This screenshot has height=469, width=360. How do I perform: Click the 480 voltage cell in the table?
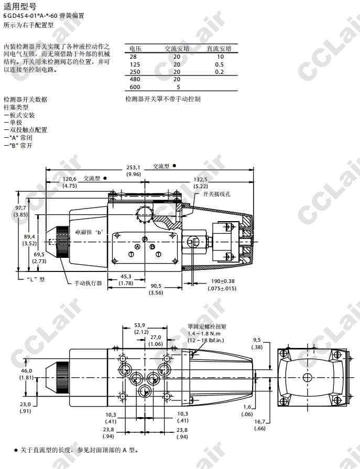tap(135, 79)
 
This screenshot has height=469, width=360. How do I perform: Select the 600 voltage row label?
tap(135, 87)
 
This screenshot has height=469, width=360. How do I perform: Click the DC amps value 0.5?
tap(219, 64)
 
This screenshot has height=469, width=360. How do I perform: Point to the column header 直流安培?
tap(219, 49)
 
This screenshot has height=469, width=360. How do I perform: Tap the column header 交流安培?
tap(177, 49)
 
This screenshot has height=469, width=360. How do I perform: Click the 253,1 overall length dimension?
tap(134, 168)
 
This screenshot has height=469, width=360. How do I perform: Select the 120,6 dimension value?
tap(70, 179)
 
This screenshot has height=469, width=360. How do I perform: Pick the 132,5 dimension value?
tap(201, 179)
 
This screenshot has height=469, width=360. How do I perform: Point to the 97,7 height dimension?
tap(20, 208)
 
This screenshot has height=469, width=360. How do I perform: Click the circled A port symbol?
tap(138, 246)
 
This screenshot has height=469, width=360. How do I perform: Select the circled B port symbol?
tap(152, 246)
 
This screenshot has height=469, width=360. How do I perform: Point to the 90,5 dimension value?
tap(156, 286)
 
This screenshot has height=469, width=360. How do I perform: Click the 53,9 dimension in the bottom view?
tap(139, 325)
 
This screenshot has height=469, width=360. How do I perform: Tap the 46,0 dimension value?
tap(27, 370)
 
